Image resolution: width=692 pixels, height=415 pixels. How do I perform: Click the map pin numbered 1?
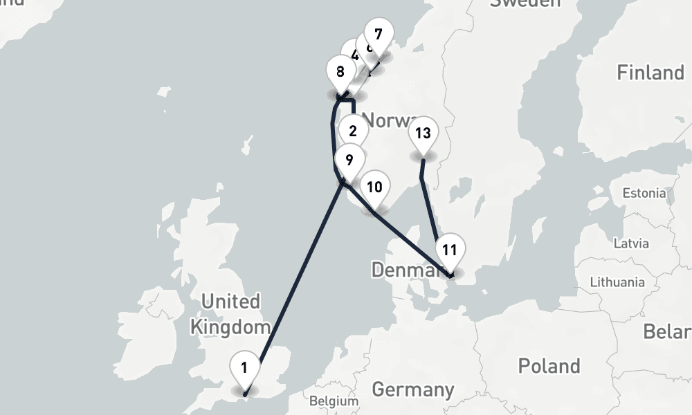pos(244,367)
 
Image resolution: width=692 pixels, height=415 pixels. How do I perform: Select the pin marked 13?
pos(424,133)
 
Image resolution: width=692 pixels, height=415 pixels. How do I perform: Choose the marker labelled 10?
pos(374,187)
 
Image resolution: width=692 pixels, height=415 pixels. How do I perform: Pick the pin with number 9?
pos(349,160)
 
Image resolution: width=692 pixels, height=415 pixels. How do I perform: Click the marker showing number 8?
pos(340,72)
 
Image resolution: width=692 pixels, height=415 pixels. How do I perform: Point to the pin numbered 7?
pos(378,34)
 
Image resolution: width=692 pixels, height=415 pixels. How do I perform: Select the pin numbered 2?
pos(353,131)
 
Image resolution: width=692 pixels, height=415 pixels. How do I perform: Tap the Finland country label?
pos(650,73)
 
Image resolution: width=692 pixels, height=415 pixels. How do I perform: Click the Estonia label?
pos(644,193)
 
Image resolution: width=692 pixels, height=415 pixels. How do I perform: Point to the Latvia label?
pos(631,243)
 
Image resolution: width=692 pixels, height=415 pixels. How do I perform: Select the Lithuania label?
pos(617,282)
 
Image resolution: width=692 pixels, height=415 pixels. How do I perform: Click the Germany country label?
pos(412,389)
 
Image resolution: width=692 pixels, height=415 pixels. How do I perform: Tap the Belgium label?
pos(334,401)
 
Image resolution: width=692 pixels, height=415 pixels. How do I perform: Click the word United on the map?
pos(230,302)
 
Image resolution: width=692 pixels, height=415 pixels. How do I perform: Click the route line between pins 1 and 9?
pos(298,277)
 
